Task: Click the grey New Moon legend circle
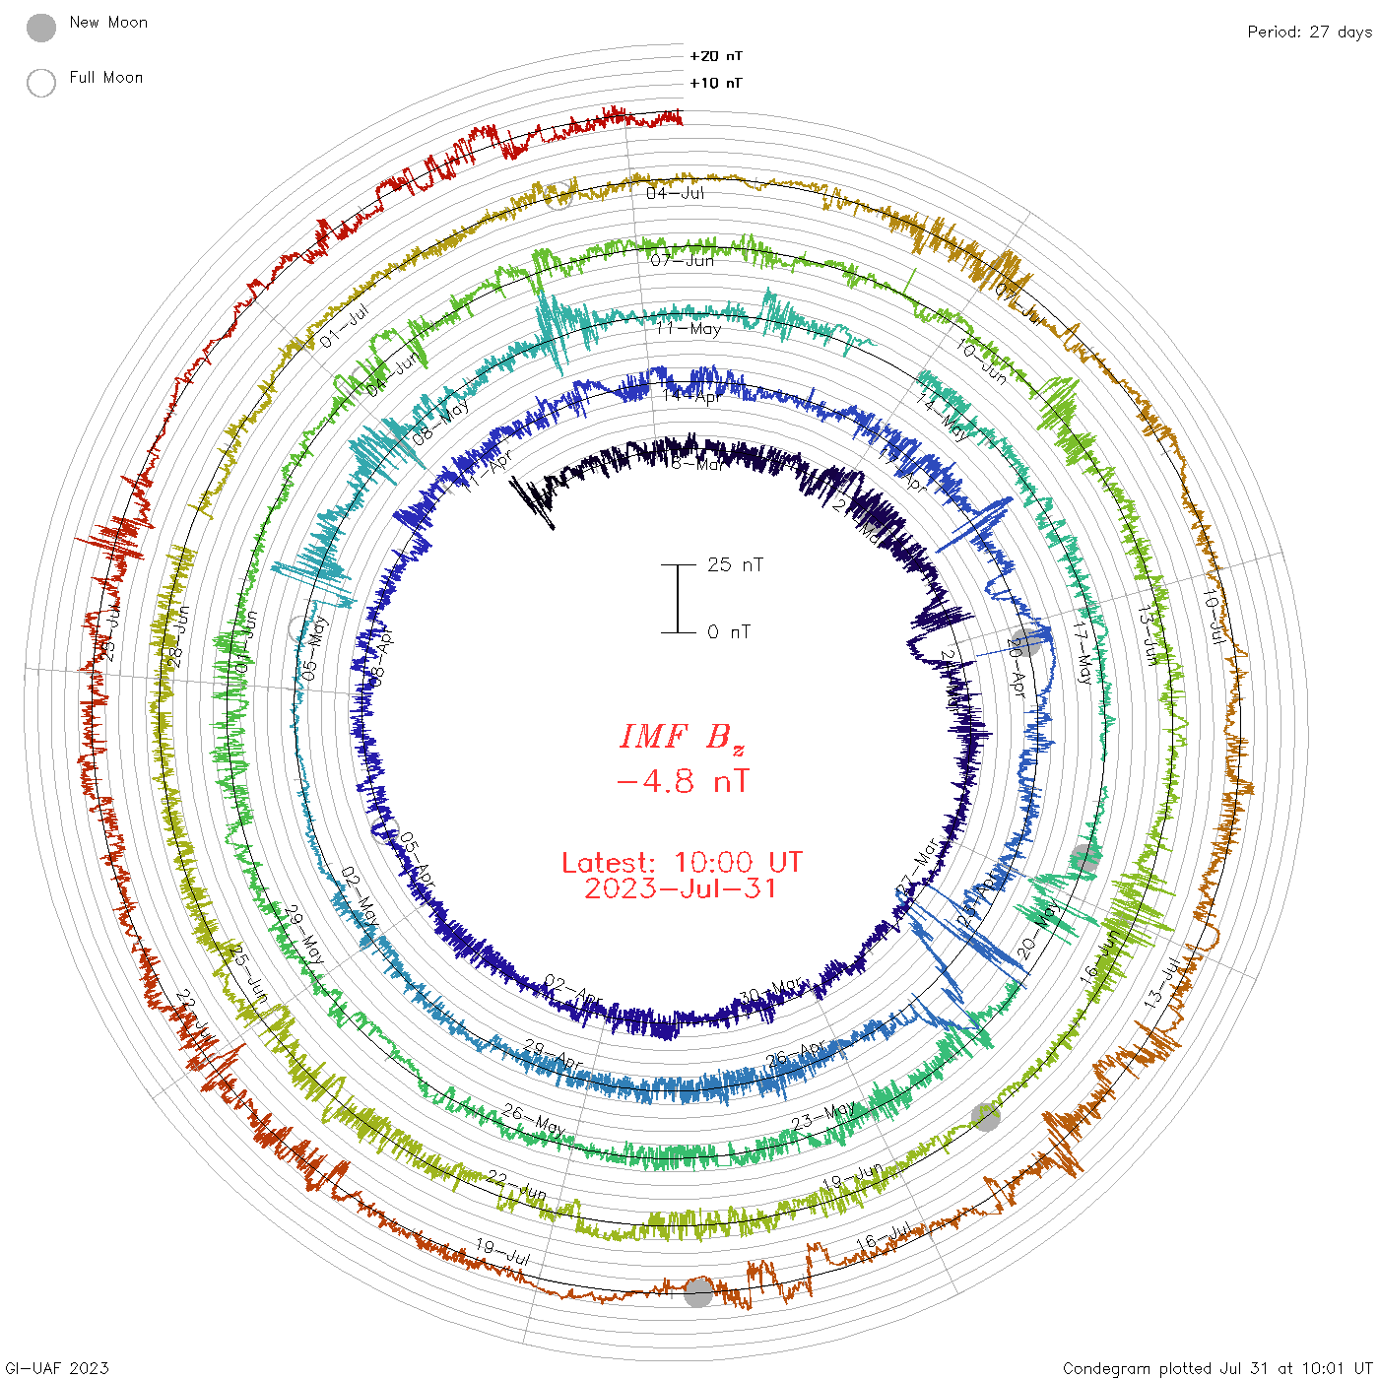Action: pyautogui.click(x=41, y=28)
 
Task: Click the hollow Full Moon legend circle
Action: pyautogui.click(x=41, y=83)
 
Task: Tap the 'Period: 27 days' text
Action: pyautogui.click(x=1308, y=32)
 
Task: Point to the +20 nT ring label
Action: pyautogui.click(x=715, y=56)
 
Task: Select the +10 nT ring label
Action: pyautogui.click(x=715, y=83)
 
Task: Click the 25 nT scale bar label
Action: pyautogui.click(x=735, y=564)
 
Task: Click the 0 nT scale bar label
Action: pyautogui.click(x=729, y=631)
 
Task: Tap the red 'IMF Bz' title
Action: pyautogui.click(x=682, y=737)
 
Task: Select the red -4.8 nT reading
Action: pyautogui.click(x=682, y=781)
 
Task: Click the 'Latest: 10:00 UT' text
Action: pyautogui.click(x=682, y=862)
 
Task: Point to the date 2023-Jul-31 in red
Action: pyautogui.click(x=682, y=888)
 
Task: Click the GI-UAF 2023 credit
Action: pyautogui.click(x=55, y=1367)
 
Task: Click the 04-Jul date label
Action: pyautogui.click(x=676, y=193)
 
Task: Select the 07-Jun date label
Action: pyautogui.click(x=682, y=260)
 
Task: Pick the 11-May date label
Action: pyautogui.click(x=689, y=328)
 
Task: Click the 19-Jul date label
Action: pyautogui.click(x=502, y=1252)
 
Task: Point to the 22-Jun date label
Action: pyautogui.click(x=516, y=1186)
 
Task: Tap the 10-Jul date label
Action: pyautogui.click(x=1215, y=617)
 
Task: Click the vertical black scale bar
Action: pyautogui.click(x=678, y=598)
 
